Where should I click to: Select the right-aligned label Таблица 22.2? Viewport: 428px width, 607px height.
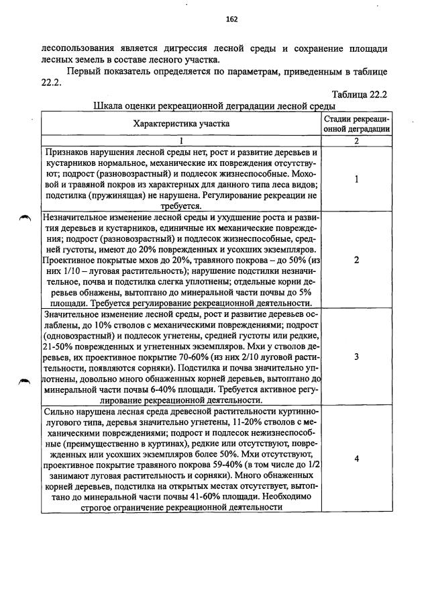point(359,95)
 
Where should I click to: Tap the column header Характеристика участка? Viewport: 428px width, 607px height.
point(181,124)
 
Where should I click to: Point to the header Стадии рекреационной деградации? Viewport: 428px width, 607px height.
point(356,124)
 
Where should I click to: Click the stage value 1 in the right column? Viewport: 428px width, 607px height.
point(356,179)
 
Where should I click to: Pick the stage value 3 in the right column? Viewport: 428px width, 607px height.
point(356,357)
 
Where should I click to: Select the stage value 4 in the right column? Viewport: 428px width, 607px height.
point(356,459)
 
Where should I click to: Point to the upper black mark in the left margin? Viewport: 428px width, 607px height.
point(25,217)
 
